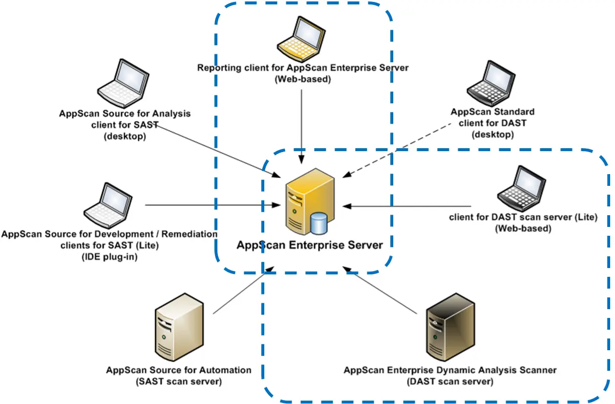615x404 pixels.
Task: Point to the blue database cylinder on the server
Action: click(318, 224)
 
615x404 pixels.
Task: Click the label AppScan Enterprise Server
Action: click(310, 245)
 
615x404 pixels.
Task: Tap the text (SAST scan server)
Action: click(179, 381)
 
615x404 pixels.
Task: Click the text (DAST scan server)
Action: click(450, 381)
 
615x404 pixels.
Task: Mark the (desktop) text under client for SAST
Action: click(125, 136)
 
